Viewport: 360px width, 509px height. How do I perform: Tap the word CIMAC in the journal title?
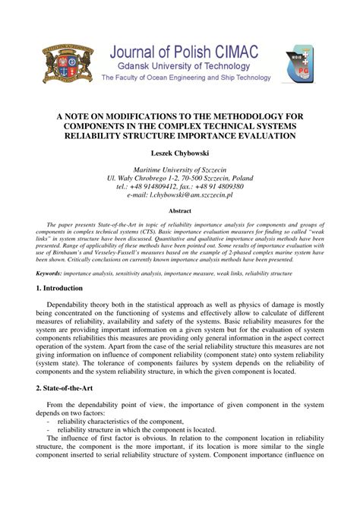coord(232,52)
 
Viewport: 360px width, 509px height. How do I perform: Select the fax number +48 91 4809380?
coord(220,185)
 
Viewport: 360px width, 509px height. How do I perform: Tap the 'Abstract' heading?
coord(180,210)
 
